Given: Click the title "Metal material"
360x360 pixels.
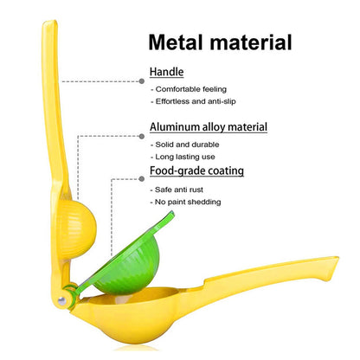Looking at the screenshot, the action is tap(220, 42).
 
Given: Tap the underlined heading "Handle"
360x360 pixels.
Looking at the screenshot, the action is tap(166, 72).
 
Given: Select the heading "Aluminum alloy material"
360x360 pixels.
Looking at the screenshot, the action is tap(209, 127).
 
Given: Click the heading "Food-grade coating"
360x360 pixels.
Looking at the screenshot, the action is tap(196, 170).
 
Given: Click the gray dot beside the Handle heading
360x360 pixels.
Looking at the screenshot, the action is tap(142, 81).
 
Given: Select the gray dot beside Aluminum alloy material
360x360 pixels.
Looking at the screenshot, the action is tap(142, 137).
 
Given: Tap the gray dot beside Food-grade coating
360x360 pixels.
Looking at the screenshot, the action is tap(142, 179).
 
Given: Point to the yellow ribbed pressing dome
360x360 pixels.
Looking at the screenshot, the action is tap(75, 229).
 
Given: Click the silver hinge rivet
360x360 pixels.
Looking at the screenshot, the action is tap(61, 301).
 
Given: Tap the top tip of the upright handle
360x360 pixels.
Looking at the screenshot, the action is tap(50, 22).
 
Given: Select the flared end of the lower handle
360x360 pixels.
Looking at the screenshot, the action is tap(331, 268).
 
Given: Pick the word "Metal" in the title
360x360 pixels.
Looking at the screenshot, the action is tap(176, 42).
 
